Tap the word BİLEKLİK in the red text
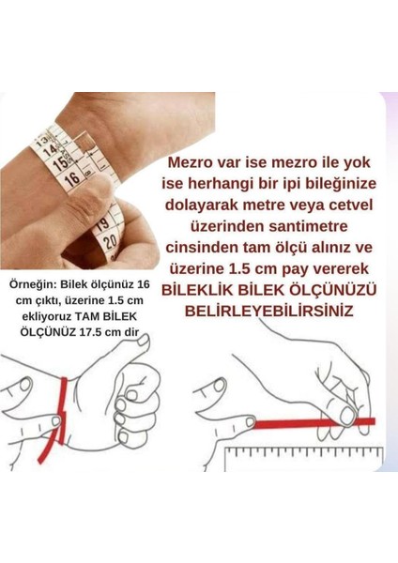click(200, 315)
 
